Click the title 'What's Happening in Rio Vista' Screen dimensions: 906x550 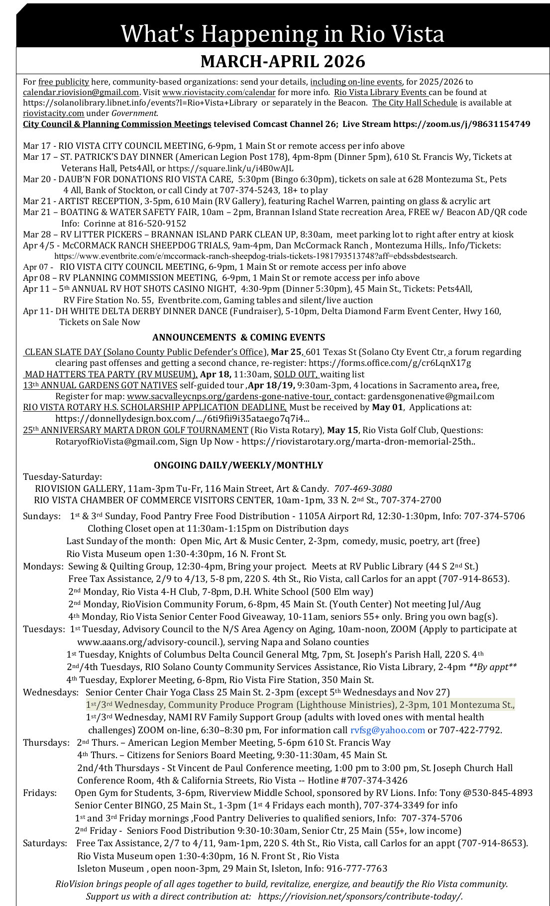click(282, 34)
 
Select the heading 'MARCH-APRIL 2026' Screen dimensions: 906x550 click(283, 61)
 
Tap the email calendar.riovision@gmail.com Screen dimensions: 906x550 click(81, 93)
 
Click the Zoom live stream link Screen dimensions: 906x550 click(461, 124)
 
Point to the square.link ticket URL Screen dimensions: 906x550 click(230, 168)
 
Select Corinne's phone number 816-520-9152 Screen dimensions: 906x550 click(157, 224)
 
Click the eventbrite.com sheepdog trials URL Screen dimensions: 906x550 click(255, 256)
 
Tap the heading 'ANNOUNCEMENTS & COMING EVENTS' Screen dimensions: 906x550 click(238, 338)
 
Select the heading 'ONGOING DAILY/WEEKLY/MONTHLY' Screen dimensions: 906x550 click(238, 465)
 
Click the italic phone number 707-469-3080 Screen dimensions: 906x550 click(363, 489)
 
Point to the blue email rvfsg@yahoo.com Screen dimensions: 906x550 click(387, 730)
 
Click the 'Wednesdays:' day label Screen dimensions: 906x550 click(50, 692)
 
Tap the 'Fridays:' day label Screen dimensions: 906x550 click(40, 793)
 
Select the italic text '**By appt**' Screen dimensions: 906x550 click(493, 667)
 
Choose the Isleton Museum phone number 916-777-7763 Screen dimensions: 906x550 click(356, 869)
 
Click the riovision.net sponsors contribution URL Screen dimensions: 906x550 click(360, 897)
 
